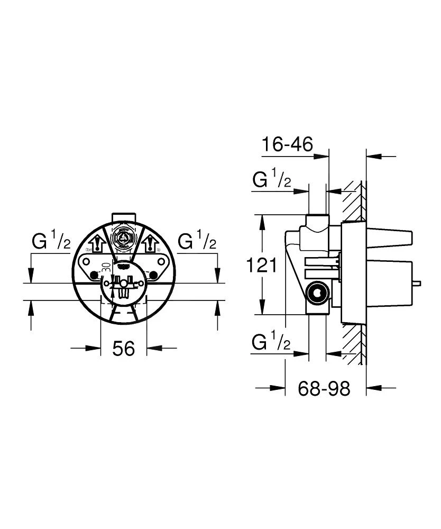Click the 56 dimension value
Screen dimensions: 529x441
tap(124, 348)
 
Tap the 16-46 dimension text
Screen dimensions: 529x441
tap(288, 143)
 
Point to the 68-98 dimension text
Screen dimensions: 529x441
tap(324, 389)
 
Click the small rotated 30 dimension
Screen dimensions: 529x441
tap(106, 268)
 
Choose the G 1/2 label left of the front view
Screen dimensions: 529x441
tap(51, 242)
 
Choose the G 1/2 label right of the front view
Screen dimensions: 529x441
tap(197, 242)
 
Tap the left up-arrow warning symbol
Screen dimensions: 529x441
tap(97, 245)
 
